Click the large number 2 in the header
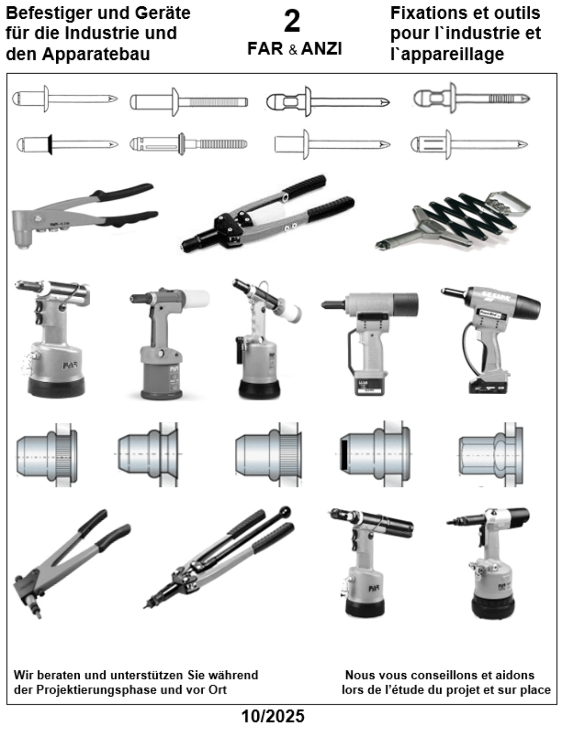coord(292,21)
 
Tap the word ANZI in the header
coord(321,49)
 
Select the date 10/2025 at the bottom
coord(273,716)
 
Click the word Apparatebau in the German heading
coord(96,54)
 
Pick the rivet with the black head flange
coord(67,144)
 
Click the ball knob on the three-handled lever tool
coord(285,512)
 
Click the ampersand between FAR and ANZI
coord(293,50)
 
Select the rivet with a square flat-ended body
coord(332,144)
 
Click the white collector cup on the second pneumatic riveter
coord(196,299)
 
